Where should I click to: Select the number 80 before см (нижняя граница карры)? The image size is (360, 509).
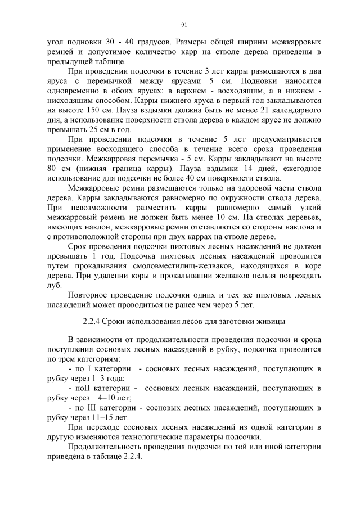52,169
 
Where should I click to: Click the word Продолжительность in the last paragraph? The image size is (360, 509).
107,447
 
